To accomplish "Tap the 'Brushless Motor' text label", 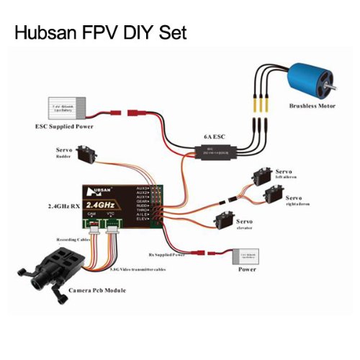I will (313, 107).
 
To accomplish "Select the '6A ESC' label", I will (215, 137).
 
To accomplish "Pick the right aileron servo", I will (272, 194).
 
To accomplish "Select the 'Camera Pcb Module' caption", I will (96, 290).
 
